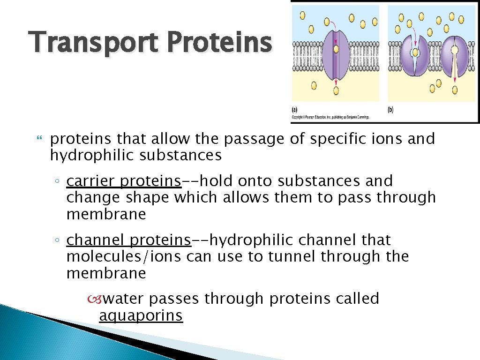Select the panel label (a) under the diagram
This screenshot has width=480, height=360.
pyautogui.click(x=294, y=109)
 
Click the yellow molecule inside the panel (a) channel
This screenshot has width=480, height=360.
pyautogui.click(x=336, y=48)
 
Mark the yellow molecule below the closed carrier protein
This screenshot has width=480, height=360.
pyautogui.click(x=455, y=89)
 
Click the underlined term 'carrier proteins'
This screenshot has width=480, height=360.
pyautogui.click(x=124, y=181)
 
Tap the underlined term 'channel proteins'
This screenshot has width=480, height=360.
pyautogui.click(x=128, y=240)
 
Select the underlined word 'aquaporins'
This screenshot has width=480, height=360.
pyautogui.click(x=141, y=316)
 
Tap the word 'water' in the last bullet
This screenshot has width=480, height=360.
pyautogui.click(x=123, y=299)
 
